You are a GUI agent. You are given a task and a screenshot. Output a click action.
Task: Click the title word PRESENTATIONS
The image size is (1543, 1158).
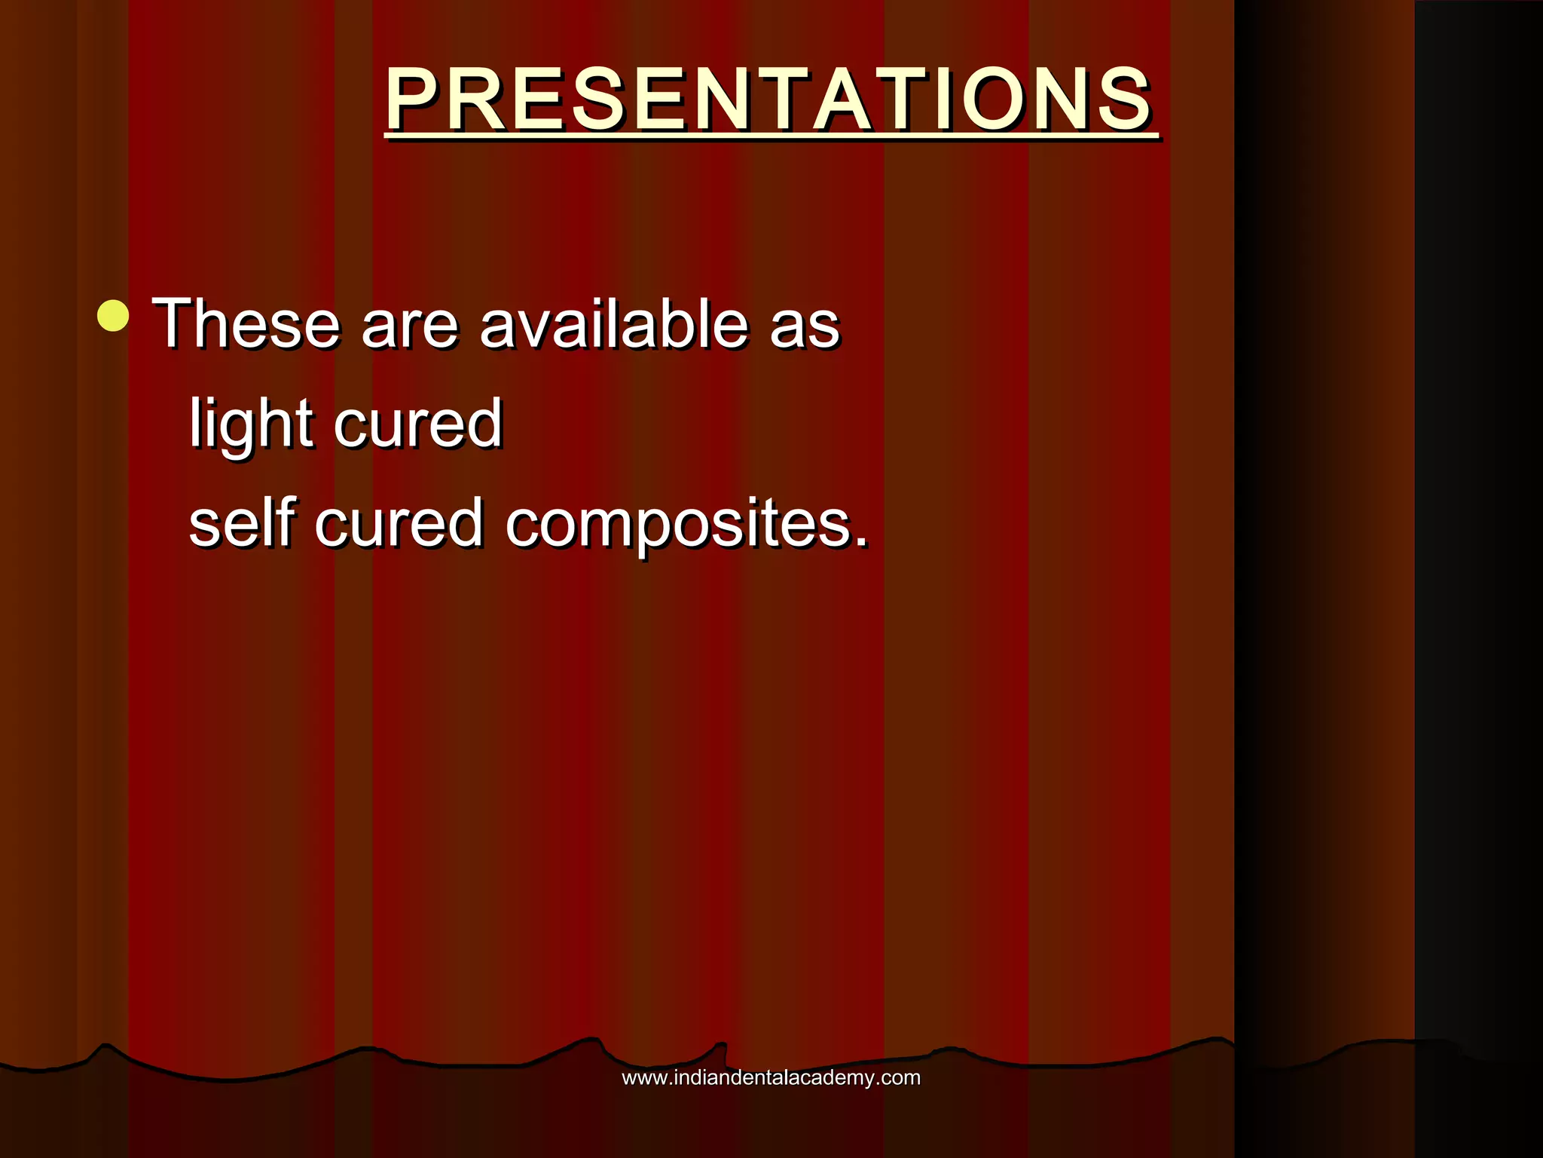pos(768,100)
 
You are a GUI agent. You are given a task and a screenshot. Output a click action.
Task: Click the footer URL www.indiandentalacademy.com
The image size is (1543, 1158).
pos(771,1078)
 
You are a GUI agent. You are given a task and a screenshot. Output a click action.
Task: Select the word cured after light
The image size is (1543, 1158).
pos(418,424)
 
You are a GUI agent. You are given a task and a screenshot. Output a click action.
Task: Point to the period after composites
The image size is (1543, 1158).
pos(861,541)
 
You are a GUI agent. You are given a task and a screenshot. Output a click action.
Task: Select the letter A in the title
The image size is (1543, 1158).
pos(844,100)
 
